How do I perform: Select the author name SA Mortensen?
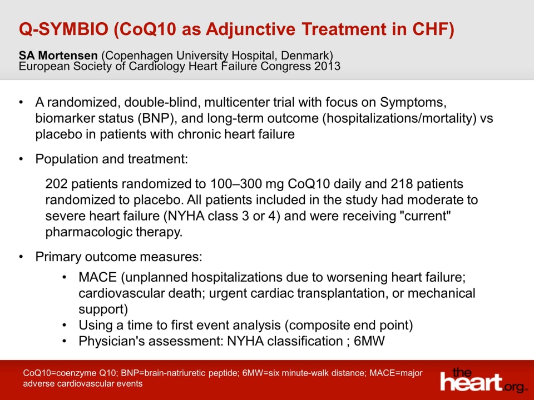58,56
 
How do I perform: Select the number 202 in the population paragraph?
56,184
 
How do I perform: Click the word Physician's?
110,341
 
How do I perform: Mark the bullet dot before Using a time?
66,325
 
